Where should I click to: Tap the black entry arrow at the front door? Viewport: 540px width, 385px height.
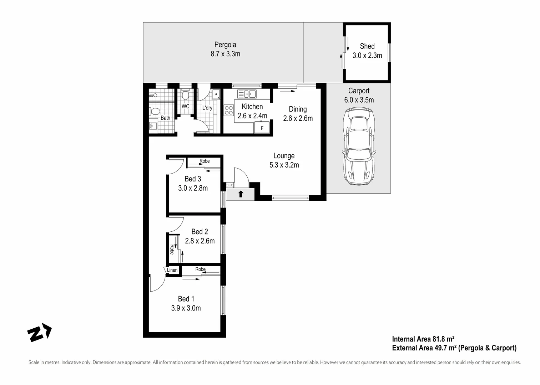(241, 194)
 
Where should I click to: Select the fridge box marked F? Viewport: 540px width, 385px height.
(262, 128)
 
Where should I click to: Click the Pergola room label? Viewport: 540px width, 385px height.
(225, 45)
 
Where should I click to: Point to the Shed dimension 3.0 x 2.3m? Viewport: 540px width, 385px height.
(367, 56)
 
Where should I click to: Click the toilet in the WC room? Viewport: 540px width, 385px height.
(185, 95)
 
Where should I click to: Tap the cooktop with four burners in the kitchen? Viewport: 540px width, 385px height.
(228, 110)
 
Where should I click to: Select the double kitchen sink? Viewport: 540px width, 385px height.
(247, 94)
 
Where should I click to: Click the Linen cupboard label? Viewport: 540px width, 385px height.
(172, 270)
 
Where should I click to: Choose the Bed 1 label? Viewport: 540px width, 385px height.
(186, 299)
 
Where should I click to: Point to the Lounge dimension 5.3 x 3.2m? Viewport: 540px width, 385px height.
(284, 165)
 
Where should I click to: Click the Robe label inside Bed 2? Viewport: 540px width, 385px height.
(172, 249)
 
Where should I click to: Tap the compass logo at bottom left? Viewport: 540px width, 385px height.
(39, 332)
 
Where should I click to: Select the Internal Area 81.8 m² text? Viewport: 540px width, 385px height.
(423, 339)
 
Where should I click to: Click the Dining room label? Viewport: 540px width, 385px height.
(298, 109)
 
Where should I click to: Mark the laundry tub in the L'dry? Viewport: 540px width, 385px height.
(216, 94)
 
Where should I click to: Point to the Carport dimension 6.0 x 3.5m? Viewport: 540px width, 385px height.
(359, 100)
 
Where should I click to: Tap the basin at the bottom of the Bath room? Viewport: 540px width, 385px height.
(153, 125)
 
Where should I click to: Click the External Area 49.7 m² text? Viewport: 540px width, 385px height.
(454, 348)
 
